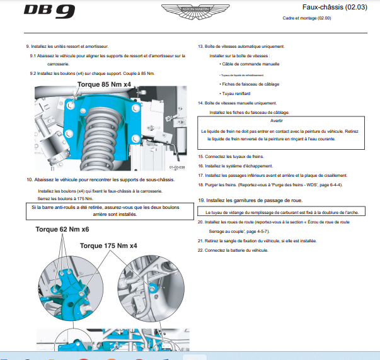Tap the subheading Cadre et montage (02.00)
tap(307, 18)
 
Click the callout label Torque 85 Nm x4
tap(105, 84)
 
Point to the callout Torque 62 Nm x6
tap(62, 230)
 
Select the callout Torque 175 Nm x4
tap(108, 245)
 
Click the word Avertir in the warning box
tap(277, 120)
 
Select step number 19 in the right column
tap(201, 200)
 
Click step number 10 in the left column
tap(30, 179)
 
